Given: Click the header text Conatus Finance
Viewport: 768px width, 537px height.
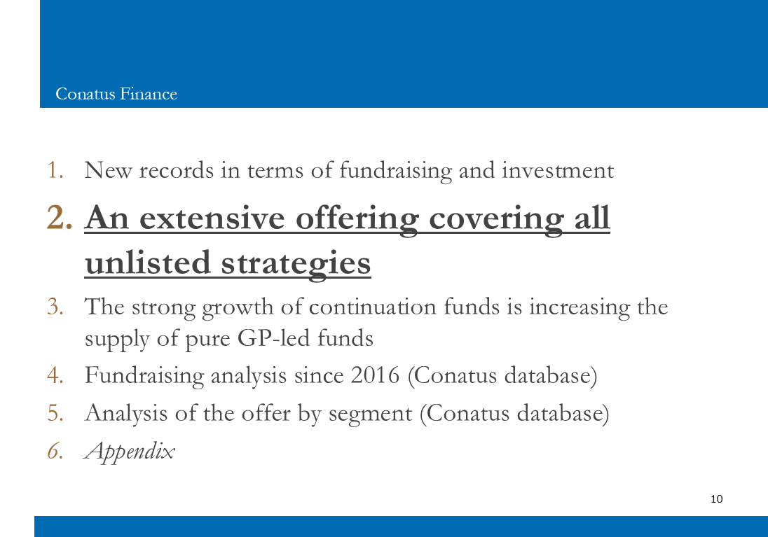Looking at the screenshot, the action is pyautogui.click(x=116, y=94).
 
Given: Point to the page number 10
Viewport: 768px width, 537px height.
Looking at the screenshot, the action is pyautogui.click(x=717, y=498).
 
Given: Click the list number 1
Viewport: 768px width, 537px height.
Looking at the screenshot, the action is pyautogui.click(x=55, y=170).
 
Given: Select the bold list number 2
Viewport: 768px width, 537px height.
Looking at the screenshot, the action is pyautogui.click(x=60, y=217).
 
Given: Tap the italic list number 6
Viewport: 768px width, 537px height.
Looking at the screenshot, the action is pyautogui.click(x=55, y=451).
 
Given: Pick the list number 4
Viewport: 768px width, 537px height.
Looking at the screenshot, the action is pyautogui.click(x=55, y=375).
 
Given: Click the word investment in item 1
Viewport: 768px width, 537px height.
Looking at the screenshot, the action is pyautogui.click(x=557, y=170).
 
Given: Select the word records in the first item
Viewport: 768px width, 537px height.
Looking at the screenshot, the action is pyautogui.click(x=177, y=171).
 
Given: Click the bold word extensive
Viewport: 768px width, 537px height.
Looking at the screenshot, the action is pyautogui.click(x=212, y=218).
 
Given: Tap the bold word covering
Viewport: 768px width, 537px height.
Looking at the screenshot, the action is pyautogui.click(x=496, y=219).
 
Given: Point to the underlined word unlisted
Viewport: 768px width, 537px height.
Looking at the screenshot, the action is pyautogui.click(x=147, y=263).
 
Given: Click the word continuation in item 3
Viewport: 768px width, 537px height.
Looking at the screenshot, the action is pyautogui.click(x=372, y=307).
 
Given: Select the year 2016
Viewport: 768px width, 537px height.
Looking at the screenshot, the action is pyautogui.click(x=375, y=375).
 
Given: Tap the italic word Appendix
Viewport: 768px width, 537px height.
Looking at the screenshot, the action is pyautogui.click(x=130, y=452).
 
